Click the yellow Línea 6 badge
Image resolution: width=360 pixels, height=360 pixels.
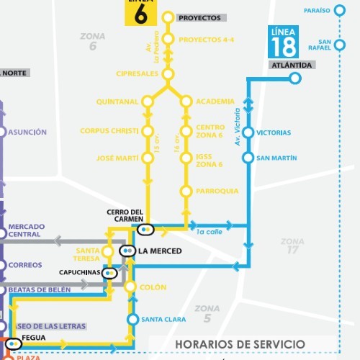click(140, 12)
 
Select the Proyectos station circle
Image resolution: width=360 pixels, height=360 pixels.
click(168, 17)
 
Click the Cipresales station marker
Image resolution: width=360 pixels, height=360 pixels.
click(168, 74)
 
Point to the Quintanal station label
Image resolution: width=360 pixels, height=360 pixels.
click(117, 102)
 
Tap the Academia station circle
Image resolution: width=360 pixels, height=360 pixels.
click(186, 102)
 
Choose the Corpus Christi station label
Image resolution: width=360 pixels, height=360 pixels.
click(110, 132)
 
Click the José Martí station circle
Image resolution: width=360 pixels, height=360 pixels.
click(148, 158)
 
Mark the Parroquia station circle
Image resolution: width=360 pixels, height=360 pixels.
click(186, 191)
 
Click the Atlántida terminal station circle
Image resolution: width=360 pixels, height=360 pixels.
click(294, 79)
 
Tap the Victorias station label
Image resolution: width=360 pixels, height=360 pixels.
click(274, 132)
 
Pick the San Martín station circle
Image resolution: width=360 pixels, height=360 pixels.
click(248, 158)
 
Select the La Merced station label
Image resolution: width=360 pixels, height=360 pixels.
click(160, 251)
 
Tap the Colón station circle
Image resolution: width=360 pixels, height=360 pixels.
click(130, 287)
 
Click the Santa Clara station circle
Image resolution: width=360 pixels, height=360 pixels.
click(132, 320)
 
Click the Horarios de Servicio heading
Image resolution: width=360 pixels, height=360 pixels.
click(240, 344)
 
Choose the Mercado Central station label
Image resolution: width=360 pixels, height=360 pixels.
click(26, 230)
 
